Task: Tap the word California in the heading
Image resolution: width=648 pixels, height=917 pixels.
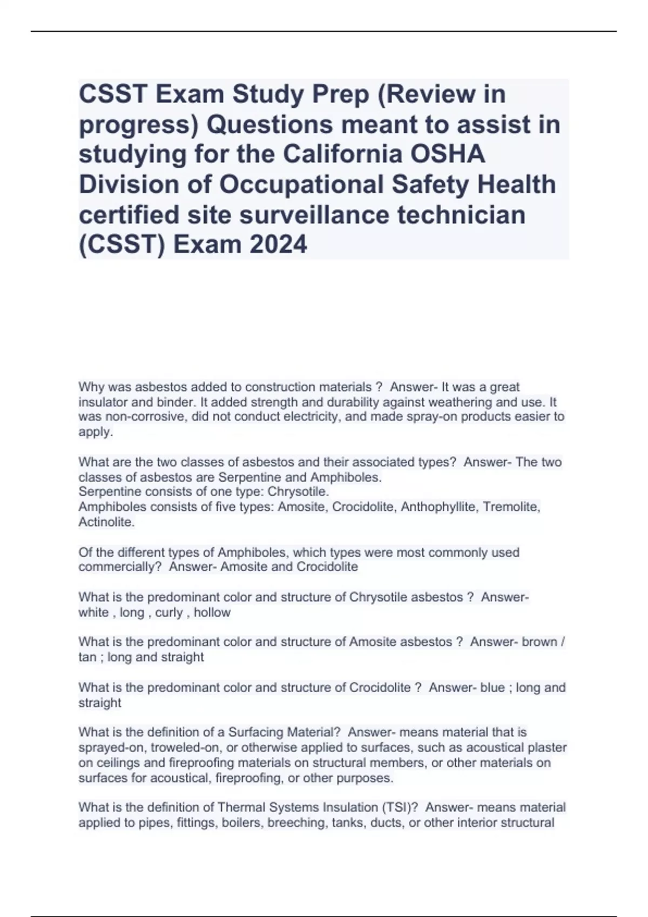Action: click(x=343, y=154)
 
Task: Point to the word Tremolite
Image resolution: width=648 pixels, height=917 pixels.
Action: click(x=511, y=507)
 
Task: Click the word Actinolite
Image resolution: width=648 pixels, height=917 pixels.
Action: click(x=106, y=522)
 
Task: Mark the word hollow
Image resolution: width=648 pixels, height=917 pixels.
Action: click(x=212, y=612)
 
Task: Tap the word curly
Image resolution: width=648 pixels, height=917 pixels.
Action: click(x=169, y=612)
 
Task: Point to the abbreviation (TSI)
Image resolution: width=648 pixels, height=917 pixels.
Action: click(x=396, y=807)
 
